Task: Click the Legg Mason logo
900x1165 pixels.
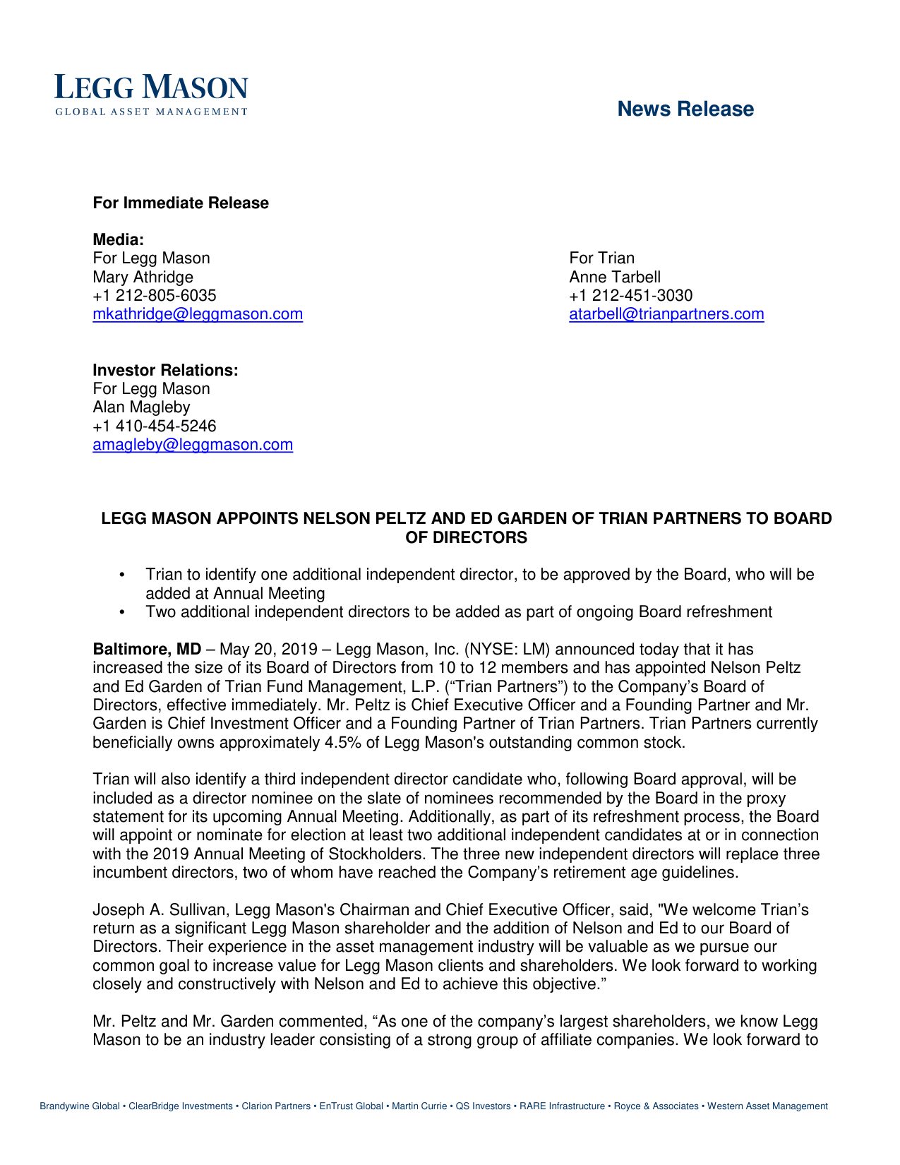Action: pyautogui.click(x=152, y=94)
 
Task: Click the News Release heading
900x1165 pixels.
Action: pyautogui.click(x=685, y=109)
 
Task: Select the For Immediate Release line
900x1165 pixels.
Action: pyautogui.click(x=181, y=203)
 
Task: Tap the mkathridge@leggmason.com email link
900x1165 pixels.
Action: pyautogui.click(x=198, y=314)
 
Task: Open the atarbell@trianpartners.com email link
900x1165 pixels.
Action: pyautogui.click(x=666, y=314)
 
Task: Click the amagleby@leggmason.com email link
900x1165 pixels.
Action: pyautogui.click(x=193, y=445)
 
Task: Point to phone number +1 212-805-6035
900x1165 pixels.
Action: pyautogui.click(x=155, y=296)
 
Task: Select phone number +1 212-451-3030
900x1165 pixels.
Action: pyautogui.click(x=631, y=296)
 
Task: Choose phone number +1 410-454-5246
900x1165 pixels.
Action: pyautogui.click(x=155, y=426)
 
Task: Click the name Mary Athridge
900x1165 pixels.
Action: pyautogui.click(x=143, y=277)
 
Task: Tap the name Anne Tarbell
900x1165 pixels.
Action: pyautogui.click(x=615, y=277)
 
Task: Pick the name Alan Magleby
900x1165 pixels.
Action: pyautogui.click(x=141, y=407)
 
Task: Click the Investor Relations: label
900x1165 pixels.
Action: pyautogui.click(x=165, y=370)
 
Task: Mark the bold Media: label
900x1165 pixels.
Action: pyautogui.click(x=118, y=240)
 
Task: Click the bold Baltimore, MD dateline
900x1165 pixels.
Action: pyautogui.click(x=147, y=650)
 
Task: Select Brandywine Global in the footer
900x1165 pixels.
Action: pyautogui.click(x=80, y=1106)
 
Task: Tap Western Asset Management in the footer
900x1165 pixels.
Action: pyautogui.click(x=767, y=1106)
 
